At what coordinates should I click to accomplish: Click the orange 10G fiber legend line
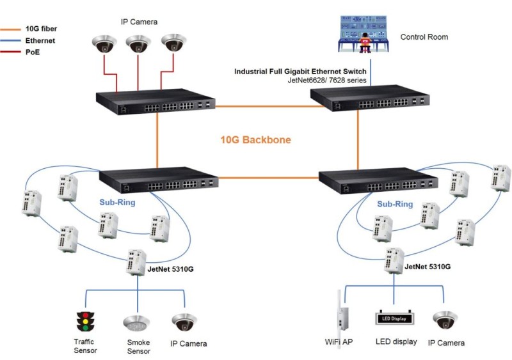tap(12, 29)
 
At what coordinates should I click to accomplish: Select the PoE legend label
tap(32, 52)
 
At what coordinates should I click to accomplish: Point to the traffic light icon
tap(84, 320)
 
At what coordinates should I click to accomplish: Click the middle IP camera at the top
tap(138, 43)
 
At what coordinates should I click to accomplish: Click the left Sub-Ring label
tap(117, 202)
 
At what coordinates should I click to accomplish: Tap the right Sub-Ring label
tap(394, 204)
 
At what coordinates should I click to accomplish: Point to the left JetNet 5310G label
tap(170, 269)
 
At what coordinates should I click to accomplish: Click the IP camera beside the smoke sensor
tap(184, 322)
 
